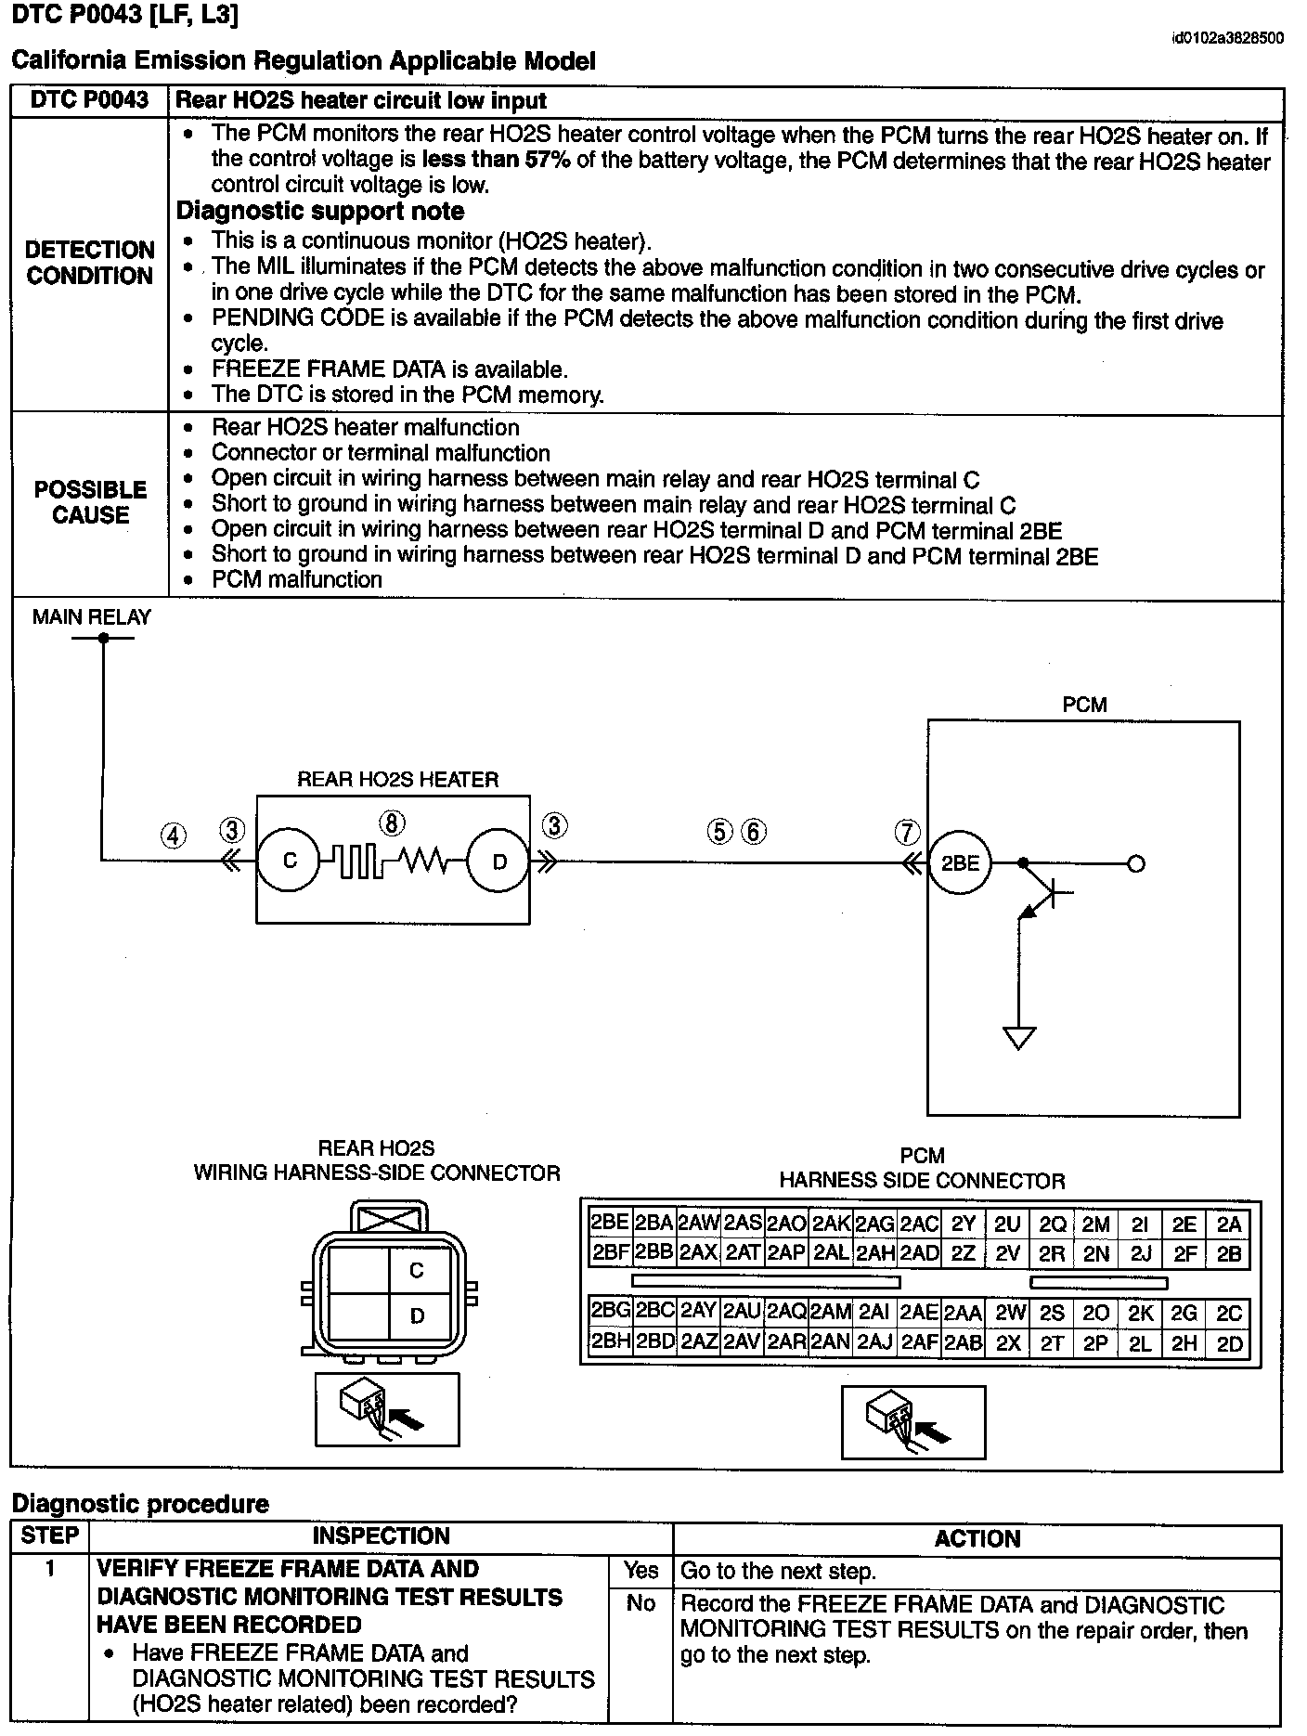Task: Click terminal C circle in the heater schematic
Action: coord(289,861)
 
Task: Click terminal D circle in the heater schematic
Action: coord(498,862)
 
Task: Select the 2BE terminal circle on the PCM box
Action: coord(960,862)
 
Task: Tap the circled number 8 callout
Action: coord(393,823)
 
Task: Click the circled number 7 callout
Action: coord(907,832)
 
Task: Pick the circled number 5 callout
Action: coord(720,831)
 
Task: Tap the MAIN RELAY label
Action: coord(91,617)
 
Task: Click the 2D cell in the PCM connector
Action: coord(1228,1343)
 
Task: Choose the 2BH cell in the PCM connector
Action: coord(610,1341)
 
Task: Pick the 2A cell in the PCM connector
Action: coord(1229,1224)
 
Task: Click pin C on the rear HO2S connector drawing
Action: coord(417,1270)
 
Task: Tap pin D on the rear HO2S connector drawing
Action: coord(417,1315)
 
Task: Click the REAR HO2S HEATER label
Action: coord(397,780)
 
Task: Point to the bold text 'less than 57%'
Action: coord(496,160)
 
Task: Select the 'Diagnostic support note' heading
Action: coord(320,211)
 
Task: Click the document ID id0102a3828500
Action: coord(1227,38)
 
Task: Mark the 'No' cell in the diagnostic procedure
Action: coord(640,1603)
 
